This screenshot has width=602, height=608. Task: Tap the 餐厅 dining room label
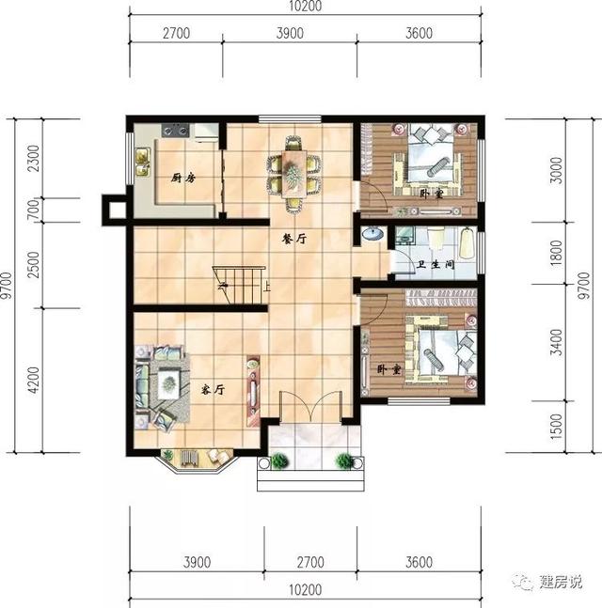pyautogui.click(x=294, y=239)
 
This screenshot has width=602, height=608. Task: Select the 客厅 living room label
pyautogui.click(x=211, y=388)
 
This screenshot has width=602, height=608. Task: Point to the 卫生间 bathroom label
pyautogui.click(x=436, y=265)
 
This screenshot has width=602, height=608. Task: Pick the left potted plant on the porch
pyautogui.click(x=279, y=461)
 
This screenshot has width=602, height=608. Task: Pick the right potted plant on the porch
pyautogui.click(x=345, y=461)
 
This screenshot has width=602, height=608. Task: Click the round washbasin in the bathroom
pyautogui.click(x=371, y=235)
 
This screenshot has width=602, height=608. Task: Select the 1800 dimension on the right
pyautogui.click(x=558, y=253)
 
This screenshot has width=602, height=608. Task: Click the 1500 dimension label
pyautogui.click(x=558, y=428)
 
